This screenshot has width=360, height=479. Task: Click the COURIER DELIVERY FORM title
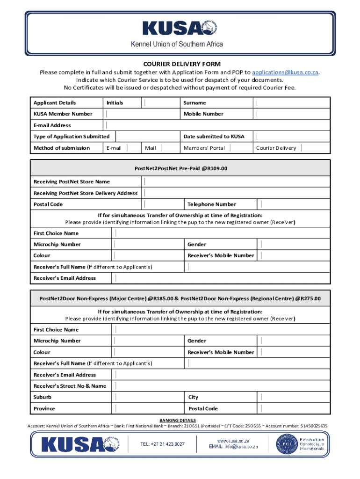182,64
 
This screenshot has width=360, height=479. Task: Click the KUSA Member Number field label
63,114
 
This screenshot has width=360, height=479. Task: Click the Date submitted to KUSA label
214,137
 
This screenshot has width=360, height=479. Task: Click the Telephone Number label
212,204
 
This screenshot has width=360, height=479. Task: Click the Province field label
44,408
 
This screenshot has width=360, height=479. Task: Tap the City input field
295,397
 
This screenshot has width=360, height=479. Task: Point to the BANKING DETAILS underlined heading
178,420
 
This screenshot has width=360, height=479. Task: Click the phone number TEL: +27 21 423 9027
162,444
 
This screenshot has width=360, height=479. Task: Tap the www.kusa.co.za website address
233,441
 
